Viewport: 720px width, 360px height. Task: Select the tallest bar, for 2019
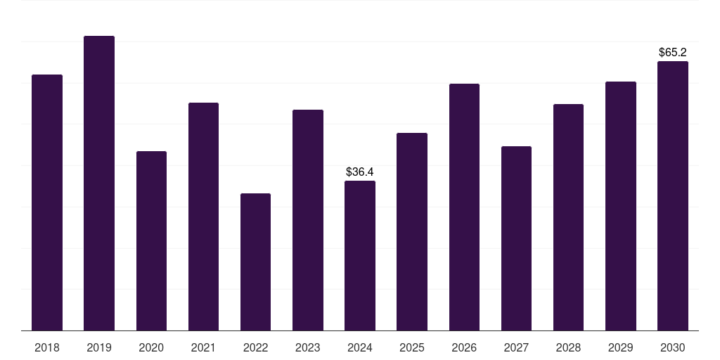pos(99,183)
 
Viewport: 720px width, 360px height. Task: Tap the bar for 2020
pos(151,240)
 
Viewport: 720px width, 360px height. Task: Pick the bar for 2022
pos(255,262)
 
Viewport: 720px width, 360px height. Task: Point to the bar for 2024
pos(360,255)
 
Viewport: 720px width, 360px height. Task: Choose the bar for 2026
pos(464,207)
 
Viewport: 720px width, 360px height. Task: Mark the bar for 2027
pos(516,238)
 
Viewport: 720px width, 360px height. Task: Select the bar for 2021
pos(203,217)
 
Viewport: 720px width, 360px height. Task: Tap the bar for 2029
pos(620,206)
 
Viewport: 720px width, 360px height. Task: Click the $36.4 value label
pos(360,172)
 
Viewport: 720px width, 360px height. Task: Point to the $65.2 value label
pos(672,52)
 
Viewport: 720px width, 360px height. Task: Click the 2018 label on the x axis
pos(47,347)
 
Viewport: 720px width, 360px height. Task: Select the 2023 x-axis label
pos(307,347)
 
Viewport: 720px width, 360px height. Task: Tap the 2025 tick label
pos(412,347)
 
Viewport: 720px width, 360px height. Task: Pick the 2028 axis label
pos(568,347)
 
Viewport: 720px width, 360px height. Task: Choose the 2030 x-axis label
pos(672,347)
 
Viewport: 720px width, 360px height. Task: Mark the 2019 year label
pos(99,347)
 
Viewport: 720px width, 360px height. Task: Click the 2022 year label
pos(255,347)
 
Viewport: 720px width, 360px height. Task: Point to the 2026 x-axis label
pos(464,347)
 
